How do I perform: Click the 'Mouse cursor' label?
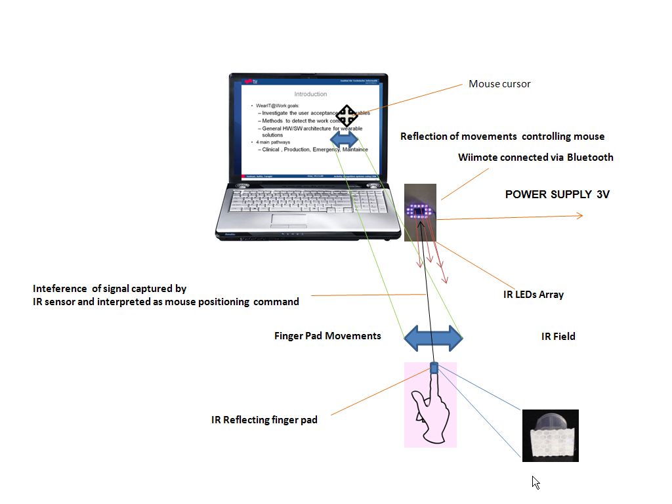pos(499,84)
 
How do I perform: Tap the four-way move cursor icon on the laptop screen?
pos(346,115)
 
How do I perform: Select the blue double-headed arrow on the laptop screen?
pos(345,139)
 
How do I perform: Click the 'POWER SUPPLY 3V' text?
pos(557,194)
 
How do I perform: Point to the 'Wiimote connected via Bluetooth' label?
pos(535,157)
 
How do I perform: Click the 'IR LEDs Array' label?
pos(533,295)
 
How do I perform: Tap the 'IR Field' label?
pos(558,337)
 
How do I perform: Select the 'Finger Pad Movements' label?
pos(327,336)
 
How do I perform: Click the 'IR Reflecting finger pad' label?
pos(264,419)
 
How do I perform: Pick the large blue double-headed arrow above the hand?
pos(433,337)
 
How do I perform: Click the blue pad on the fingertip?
pos(434,367)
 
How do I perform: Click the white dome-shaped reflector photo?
pos(550,436)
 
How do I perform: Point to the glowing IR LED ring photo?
pos(420,211)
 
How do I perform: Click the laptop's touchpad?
pos(289,220)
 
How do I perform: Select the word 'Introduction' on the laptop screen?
pos(310,94)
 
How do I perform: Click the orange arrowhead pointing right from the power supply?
pos(579,215)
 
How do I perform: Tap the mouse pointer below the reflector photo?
pos(535,482)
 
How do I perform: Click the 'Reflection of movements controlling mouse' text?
pos(502,136)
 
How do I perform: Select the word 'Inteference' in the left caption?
pos(60,289)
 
